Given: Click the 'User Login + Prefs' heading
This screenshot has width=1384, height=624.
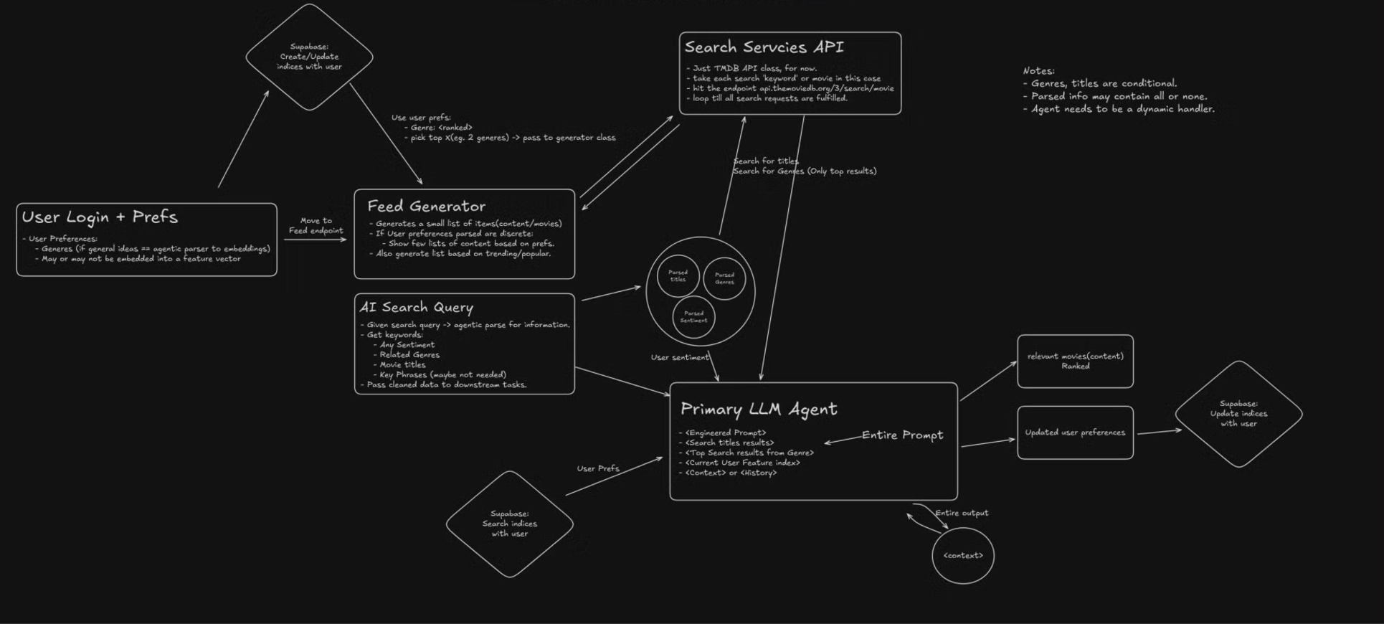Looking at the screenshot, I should tap(100, 217).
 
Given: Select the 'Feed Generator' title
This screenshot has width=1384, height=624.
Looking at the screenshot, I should tap(426, 207).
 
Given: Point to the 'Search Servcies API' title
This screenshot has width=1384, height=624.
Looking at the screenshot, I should tap(764, 47).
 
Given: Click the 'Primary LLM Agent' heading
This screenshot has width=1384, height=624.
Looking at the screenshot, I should tap(758, 409).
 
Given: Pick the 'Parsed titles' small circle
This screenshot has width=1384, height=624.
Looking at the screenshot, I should tap(678, 276).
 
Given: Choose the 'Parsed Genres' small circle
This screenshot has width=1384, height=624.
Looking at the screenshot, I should tap(724, 278).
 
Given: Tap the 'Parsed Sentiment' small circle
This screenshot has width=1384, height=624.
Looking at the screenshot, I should tap(693, 317).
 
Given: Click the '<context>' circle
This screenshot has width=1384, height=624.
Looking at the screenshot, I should tap(963, 556).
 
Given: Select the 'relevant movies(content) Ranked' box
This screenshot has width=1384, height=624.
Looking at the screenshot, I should tap(1075, 361).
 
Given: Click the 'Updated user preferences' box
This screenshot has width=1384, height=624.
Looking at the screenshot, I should tap(1075, 432).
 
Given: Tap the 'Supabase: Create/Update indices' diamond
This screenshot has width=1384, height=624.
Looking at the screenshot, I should tap(309, 57).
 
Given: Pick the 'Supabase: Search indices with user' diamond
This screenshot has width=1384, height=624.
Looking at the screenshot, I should tap(509, 524).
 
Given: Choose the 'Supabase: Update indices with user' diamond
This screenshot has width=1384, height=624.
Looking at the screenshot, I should tap(1238, 414).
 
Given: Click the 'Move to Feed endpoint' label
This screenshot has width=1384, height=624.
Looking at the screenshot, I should tap(316, 226).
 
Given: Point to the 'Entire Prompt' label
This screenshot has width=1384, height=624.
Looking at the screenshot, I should tap(902, 435).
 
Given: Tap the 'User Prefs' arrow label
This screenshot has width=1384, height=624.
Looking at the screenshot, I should tap(598, 469).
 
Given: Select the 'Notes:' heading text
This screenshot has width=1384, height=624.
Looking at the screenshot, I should tap(1038, 71).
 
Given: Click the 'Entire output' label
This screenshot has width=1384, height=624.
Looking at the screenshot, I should tap(962, 513).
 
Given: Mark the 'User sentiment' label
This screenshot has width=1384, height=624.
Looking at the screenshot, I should tap(680, 357).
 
